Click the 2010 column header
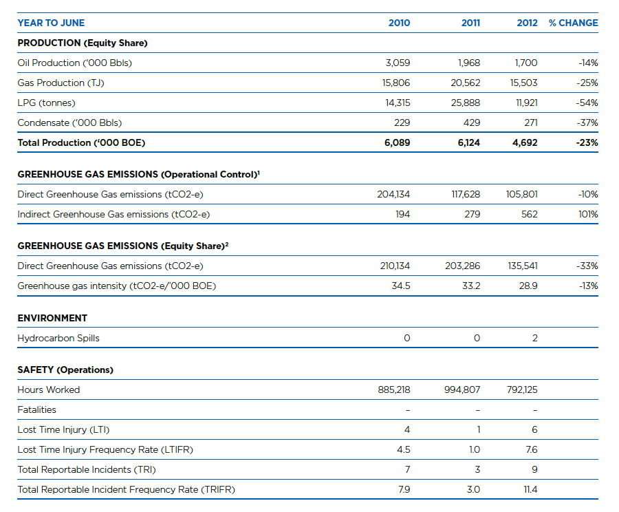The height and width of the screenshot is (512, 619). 399,23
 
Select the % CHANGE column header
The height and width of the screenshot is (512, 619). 573,23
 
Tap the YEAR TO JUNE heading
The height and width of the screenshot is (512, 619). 51,23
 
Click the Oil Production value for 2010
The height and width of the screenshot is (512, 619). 398,63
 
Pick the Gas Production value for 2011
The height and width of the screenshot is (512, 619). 466,83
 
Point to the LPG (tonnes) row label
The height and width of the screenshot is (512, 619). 46,103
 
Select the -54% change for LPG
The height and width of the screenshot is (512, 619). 587,103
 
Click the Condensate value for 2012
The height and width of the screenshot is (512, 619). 530,123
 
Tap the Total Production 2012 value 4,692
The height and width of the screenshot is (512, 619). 525,143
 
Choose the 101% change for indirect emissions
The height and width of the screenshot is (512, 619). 588,215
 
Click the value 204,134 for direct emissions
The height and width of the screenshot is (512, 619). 393,194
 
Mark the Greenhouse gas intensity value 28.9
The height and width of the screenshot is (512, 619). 528,286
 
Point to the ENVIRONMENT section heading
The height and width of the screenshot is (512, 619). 52,319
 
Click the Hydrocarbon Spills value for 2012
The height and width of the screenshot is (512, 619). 534,338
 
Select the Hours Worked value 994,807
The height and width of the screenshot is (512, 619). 462,390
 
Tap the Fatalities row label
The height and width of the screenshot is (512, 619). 36,409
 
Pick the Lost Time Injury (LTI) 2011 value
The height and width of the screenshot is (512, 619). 479,430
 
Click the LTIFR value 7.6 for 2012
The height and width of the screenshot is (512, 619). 532,449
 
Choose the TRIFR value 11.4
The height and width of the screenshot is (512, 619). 530,489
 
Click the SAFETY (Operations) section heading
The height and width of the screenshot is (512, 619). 65,370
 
